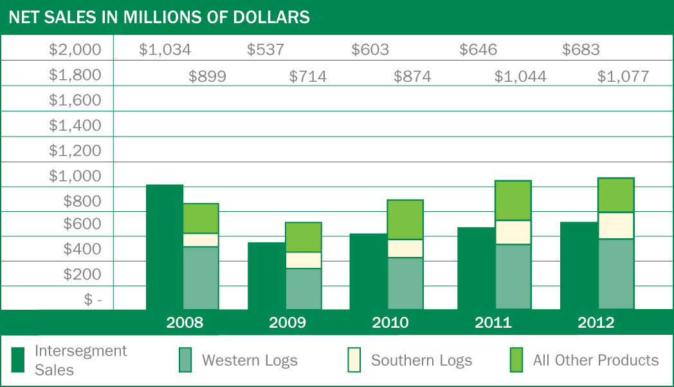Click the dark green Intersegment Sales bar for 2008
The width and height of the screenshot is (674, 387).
165,247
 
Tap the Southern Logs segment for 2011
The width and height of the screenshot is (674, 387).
513,232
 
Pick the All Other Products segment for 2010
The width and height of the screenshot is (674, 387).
405,220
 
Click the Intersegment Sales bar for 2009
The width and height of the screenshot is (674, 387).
266,276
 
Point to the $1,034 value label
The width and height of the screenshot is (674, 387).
165,50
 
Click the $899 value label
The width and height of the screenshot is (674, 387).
207,77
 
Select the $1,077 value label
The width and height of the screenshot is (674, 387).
623,77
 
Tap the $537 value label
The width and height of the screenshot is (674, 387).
266,50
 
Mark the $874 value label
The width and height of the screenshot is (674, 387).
412,77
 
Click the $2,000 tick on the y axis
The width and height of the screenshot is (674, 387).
75,50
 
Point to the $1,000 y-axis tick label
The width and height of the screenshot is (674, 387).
75,176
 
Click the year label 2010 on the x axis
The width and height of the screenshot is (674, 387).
390,323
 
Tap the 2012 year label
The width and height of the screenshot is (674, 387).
596,323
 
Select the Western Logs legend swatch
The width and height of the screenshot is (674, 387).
186,360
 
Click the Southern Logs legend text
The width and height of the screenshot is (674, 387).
421,361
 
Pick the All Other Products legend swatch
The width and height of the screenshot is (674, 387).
516,360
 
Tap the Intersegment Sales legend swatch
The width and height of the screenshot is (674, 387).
19,360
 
